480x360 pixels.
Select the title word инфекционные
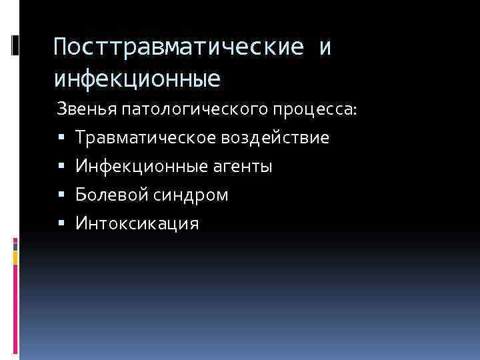point(137,79)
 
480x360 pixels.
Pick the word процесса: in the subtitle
point(320,109)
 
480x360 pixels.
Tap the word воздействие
point(274,138)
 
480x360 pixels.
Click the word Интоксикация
point(137,223)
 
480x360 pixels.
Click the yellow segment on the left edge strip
point(15,257)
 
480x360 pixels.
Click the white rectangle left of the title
point(15,45)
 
